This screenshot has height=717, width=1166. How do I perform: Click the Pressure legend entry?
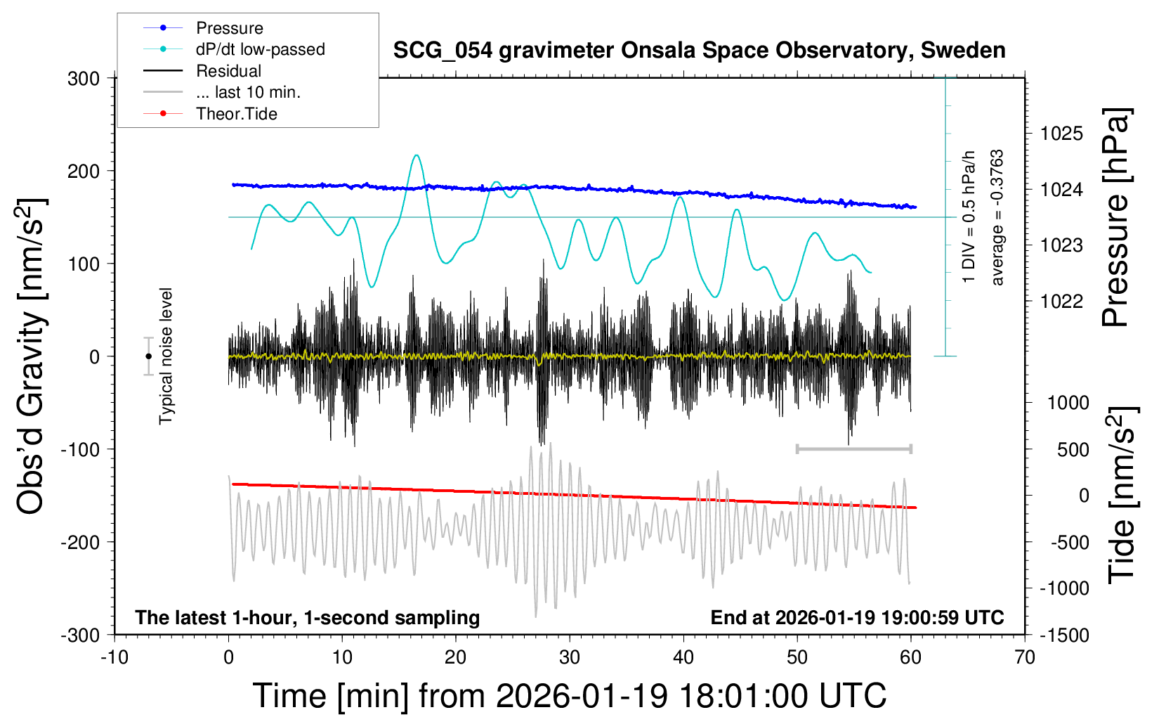[x=229, y=28]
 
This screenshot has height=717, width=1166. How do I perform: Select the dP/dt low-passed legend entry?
[x=260, y=49]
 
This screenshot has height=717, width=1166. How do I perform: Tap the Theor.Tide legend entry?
[x=236, y=114]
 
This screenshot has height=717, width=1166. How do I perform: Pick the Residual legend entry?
[x=228, y=71]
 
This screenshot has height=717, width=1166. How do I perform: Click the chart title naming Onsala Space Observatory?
[x=699, y=51]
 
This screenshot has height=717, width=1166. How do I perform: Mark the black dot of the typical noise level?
[x=148, y=356]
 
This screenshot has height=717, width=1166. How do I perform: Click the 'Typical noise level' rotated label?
[x=166, y=356]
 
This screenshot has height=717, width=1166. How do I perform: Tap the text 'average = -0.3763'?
[x=997, y=217]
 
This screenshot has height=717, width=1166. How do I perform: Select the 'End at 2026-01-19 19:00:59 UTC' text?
[x=857, y=618]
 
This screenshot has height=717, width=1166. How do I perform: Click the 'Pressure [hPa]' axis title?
[x=1116, y=217]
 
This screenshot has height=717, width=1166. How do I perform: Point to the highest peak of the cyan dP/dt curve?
[x=417, y=155]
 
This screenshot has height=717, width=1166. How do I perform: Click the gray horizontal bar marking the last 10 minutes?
[x=853, y=448]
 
